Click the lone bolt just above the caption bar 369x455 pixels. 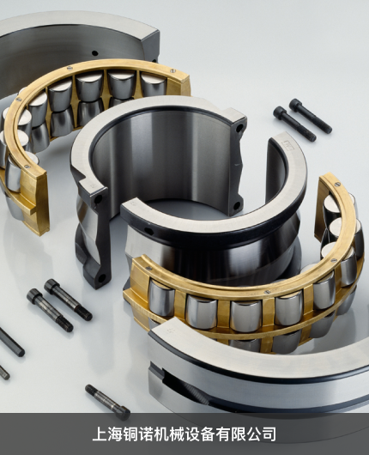pyautogui.click(x=107, y=402)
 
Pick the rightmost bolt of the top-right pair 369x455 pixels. pyautogui.click(x=311, y=116)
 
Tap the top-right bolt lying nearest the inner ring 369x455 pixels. pyautogui.click(x=295, y=124)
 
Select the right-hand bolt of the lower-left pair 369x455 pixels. pyautogui.click(x=68, y=300)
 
